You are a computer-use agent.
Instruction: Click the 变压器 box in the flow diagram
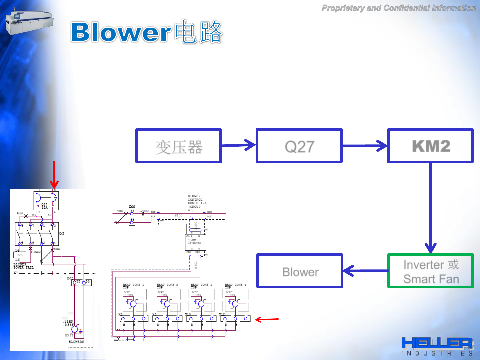pyautogui.click(x=179, y=146)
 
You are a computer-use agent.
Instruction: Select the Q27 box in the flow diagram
pyautogui.click(x=299, y=146)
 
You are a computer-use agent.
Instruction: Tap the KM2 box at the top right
pyautogui.click(x=430, y=146)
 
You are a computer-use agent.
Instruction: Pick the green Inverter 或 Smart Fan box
pyautogui.click(x=431, y=271)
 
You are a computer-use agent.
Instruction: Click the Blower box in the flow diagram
pyautogui.click(x=300, y=271)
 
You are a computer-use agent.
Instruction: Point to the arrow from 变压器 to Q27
pyautogui.click(x=239, y=145)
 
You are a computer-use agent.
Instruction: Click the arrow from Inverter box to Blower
pyautogui.click(x=365, y=271)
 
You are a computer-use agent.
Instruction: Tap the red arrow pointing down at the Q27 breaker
pyautogui.click(x=54, y=175)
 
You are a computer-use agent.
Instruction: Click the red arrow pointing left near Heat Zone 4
pyautogui.click(x=267, y=319)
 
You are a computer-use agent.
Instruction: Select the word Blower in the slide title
pyautogui.click(x=121, y=32)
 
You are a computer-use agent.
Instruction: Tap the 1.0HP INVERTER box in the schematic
pyautogui.click(x=195, y=242)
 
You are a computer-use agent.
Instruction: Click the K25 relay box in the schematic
pyautogui.click(x=19, y=255)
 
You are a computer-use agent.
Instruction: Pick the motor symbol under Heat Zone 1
pyautogui.click(x=133, y=304)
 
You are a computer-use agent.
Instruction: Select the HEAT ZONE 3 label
pyautogui.click(x=201, y=285)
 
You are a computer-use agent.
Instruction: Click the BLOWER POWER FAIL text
pyautogui.click(x=23, y=266)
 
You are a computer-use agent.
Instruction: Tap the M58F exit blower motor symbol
pyautogui.click(x=75, y=329)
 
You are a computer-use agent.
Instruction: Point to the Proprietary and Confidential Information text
pyautogui.click(x=399, y=8)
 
